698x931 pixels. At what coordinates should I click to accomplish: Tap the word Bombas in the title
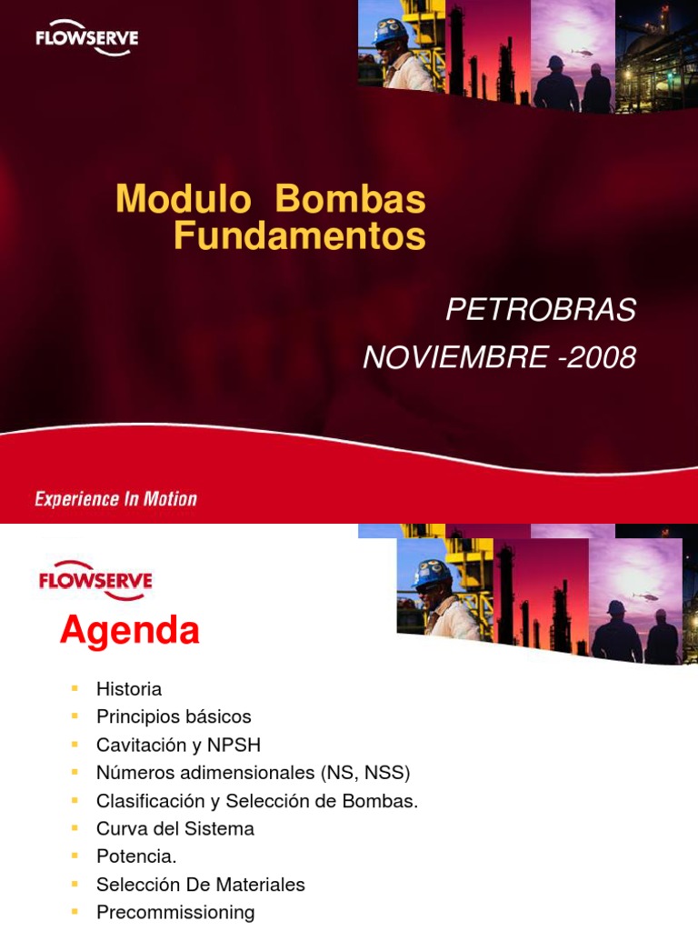click(x=350, y=199)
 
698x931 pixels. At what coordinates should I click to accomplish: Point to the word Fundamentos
click(x=299, y=235)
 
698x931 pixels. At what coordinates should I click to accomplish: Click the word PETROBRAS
click(x=541, y=310)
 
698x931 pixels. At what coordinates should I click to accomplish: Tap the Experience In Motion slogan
click(x=115, y=498)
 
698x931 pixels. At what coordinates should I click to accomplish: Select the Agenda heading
click(x=130, y=630)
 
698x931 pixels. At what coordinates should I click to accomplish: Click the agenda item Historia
click(x=129, y=689)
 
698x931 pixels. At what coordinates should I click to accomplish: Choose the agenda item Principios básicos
click(x=174, y=716)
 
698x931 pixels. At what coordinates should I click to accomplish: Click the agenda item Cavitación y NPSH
click(x=178, y=745)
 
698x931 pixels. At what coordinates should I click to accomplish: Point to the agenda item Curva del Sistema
click(x=175, y=828)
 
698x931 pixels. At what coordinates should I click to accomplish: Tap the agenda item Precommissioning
click(x=175, y=912)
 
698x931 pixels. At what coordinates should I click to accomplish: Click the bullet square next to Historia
click(x=75, y=688)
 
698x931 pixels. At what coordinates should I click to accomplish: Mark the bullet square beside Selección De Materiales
click(x=75, y=883)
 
